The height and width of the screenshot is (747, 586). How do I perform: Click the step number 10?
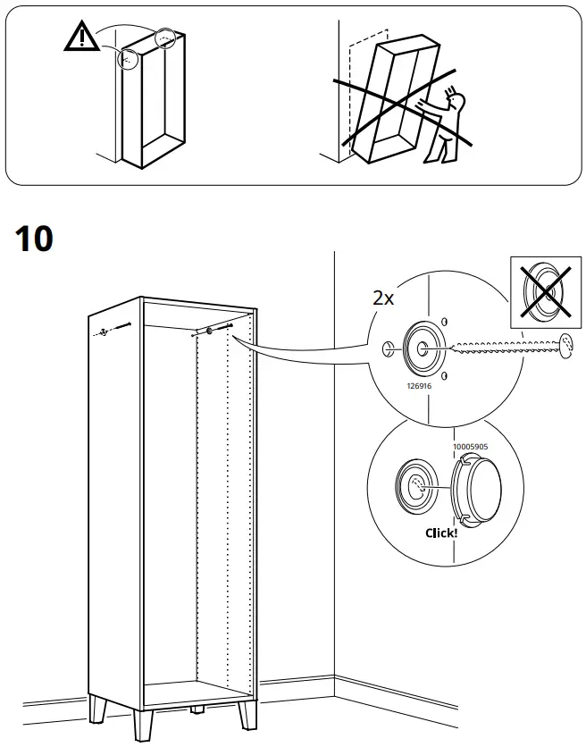tap(35, 239)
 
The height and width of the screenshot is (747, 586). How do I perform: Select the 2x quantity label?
tap(382, 298)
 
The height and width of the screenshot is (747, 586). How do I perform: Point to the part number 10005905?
tap(469, 442)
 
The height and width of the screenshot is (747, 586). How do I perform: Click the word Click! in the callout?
tap(440, 533)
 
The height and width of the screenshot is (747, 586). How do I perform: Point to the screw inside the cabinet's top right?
tap(211, 331)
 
